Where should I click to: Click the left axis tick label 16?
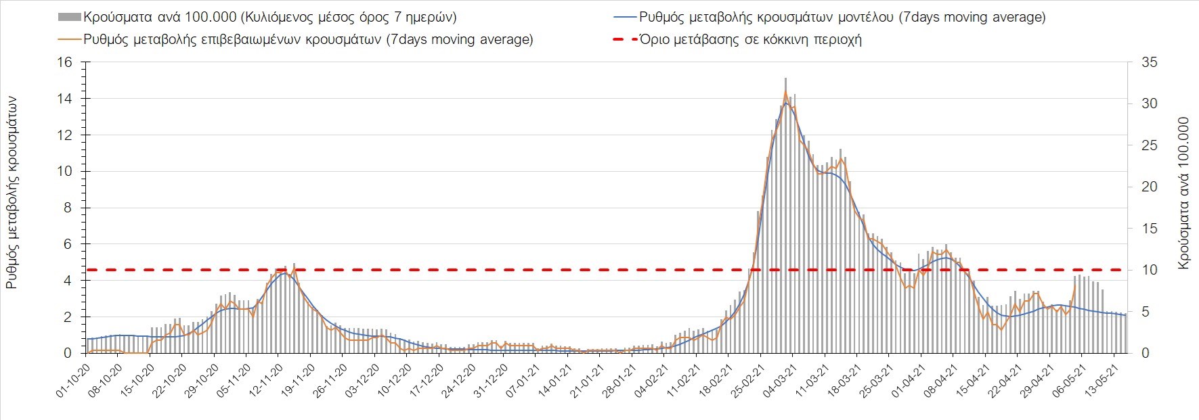coord(64,62)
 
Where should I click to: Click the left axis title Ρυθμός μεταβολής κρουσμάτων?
coord(12,193)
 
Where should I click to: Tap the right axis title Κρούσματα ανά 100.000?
coord(1183,193)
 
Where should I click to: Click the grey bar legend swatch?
coord(70,17)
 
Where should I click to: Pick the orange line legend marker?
coord(70,39)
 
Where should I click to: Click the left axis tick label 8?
coord(67,208)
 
